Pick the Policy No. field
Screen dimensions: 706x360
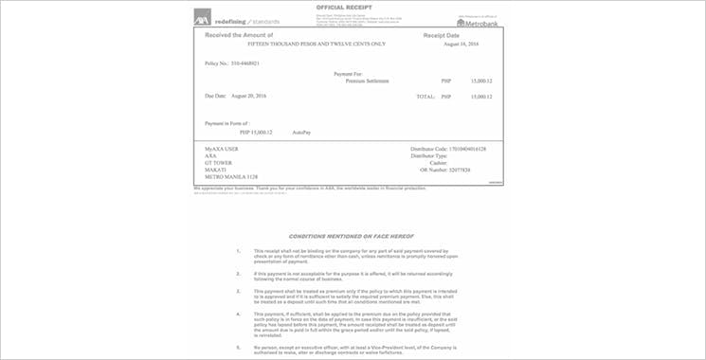(232, 63)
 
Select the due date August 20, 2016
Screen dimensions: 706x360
(236, 97)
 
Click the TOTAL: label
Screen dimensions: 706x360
(425, 97)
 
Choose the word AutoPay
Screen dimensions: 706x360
(301, 132)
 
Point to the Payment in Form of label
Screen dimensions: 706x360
(231, 123)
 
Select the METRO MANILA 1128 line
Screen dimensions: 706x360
(230, 179)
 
